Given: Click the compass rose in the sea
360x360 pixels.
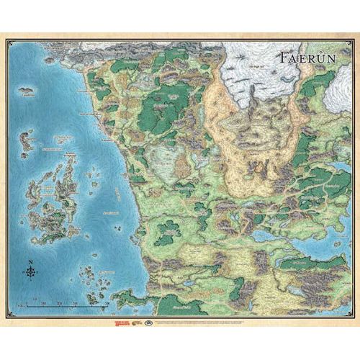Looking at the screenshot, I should click(x=30, y=272).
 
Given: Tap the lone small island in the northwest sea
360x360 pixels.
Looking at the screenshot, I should click(x=28, y=91).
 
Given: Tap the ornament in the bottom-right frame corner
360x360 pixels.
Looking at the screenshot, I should click(x=350, y=316).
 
